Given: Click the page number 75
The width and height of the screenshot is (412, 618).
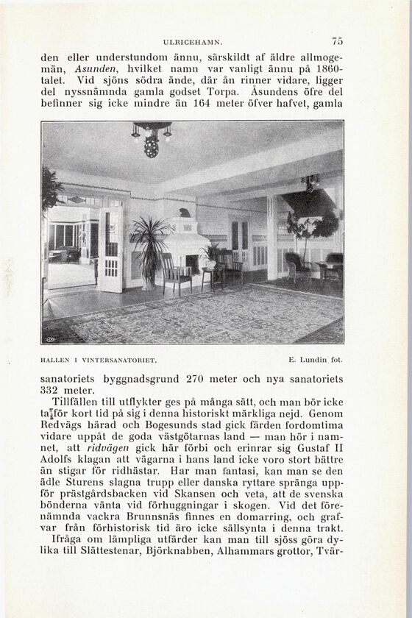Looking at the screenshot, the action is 338,42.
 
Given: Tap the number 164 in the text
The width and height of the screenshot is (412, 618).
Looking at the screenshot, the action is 202,104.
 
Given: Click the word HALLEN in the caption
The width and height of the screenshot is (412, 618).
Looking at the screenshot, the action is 54,360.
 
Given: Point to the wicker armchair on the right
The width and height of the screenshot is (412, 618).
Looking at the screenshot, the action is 296,266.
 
